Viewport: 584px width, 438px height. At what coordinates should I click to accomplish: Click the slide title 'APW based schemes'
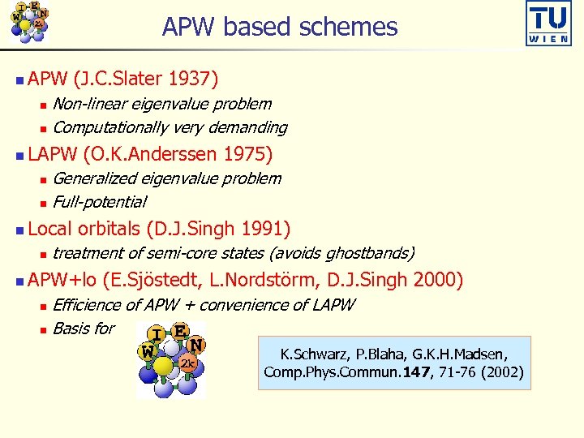point(280,28)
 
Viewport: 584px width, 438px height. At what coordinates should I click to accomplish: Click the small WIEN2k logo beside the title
point(28,22)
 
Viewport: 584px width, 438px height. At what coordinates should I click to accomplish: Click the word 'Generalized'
point(97,178)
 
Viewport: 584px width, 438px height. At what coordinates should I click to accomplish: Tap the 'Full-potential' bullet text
point(99,202)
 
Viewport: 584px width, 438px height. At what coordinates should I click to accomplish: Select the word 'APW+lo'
point(62,280)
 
